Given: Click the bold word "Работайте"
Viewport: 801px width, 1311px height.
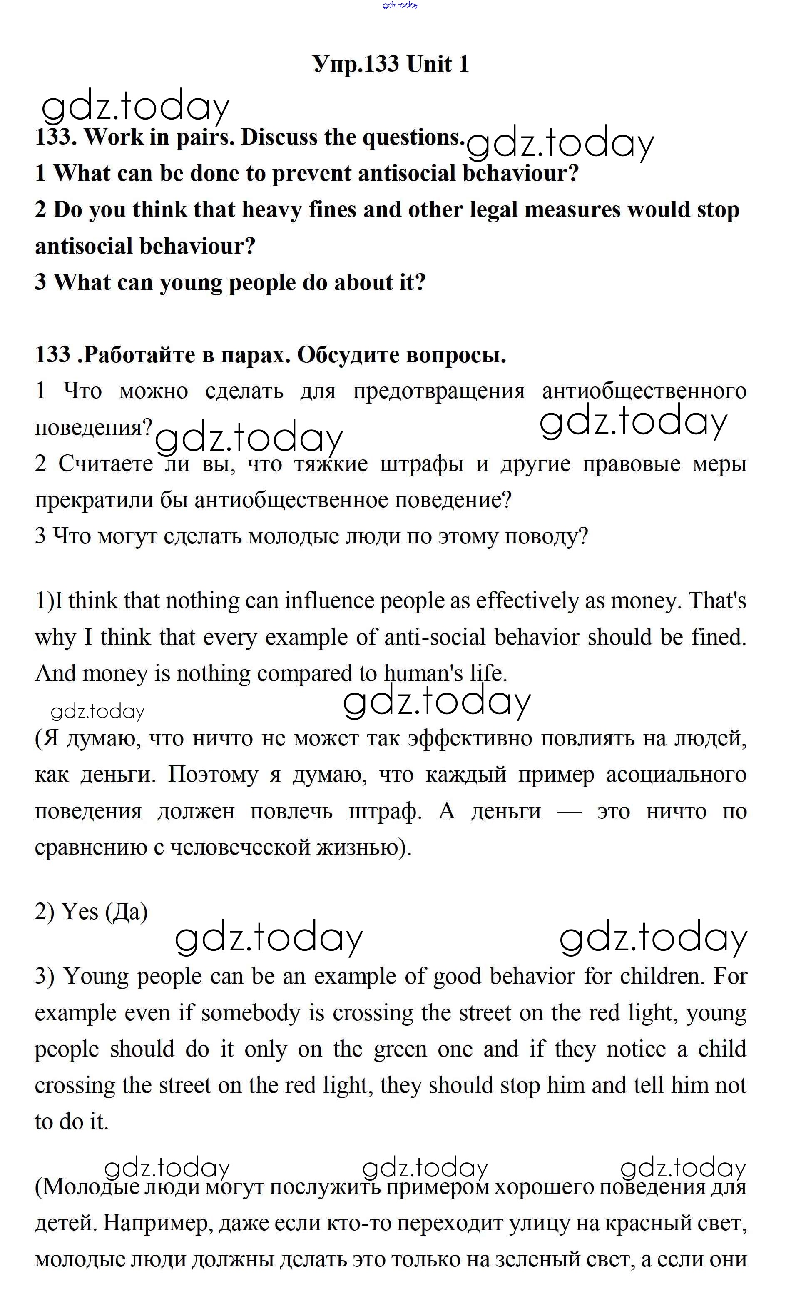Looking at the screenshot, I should (140, 355).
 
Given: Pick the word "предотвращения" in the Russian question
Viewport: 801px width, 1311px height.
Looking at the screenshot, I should (439, 391).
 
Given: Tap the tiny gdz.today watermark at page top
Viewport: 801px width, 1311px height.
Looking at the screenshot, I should (400, 5).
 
